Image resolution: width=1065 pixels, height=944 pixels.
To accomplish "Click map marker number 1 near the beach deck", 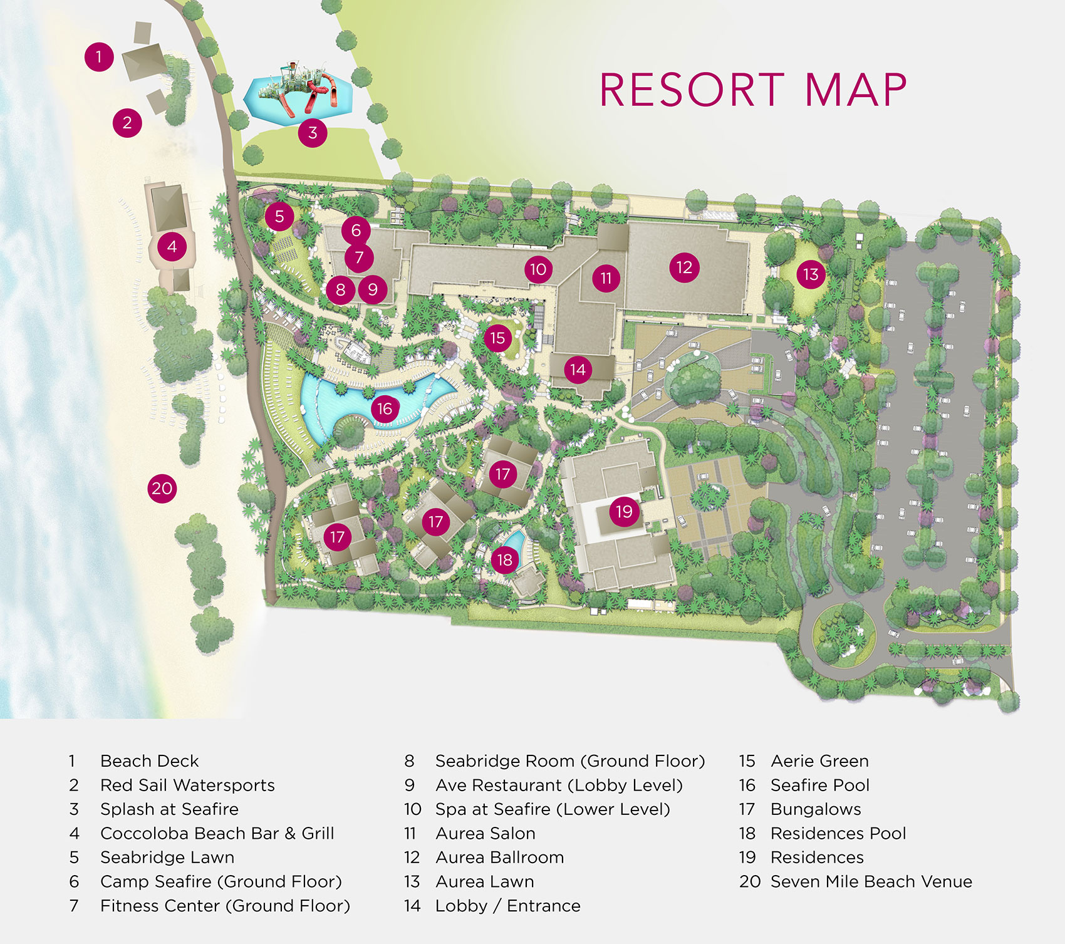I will pos(99,57).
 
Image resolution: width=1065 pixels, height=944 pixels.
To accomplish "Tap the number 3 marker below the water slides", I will pos(313,132).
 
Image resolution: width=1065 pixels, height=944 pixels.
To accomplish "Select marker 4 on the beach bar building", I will pos(172,247).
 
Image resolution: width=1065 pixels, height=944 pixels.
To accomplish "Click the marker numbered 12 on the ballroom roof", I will pos(684,267).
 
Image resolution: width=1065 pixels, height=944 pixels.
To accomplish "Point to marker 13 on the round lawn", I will pos(811,274).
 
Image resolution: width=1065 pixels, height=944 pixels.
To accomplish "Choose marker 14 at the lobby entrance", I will pos(578,370).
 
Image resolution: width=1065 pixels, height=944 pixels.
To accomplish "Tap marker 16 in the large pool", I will pos(384,409).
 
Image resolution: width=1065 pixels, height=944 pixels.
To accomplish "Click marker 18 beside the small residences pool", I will pos(505,559).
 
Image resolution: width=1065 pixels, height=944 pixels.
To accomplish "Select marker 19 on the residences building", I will pos(624,512).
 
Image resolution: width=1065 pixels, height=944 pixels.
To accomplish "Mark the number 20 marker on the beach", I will pos(162,488).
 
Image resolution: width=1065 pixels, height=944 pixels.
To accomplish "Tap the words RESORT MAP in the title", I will pos(753,90).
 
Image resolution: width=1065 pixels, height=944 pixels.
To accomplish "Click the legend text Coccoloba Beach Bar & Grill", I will pos(217,833).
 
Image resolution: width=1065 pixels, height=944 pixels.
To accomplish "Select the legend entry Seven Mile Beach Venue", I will pos(871,881).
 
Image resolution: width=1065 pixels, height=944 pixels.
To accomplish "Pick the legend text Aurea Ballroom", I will pos(499,857).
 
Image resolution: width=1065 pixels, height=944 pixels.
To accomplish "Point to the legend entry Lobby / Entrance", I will pos(507,906).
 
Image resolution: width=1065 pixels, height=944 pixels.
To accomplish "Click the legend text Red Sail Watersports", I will pos(187,785).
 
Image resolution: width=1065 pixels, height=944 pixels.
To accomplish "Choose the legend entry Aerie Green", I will pos(819,760).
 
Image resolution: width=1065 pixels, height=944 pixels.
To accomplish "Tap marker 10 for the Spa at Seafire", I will pos(538,269).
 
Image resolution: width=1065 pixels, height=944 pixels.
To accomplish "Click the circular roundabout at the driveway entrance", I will pos(843,634).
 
